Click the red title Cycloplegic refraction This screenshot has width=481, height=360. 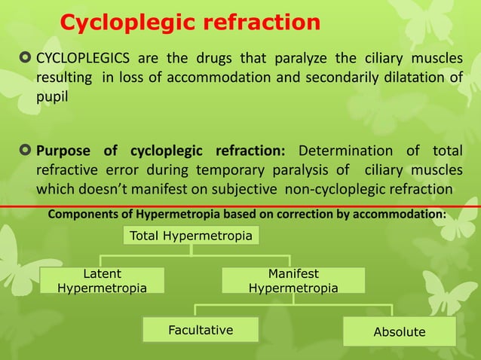tap(190, 23)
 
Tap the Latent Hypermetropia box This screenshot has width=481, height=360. tap(103, 281)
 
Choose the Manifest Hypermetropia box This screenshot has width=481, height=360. tap(293, 281)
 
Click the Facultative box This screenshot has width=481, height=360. tap(200, 330)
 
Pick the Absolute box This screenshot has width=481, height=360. tap(400, 331)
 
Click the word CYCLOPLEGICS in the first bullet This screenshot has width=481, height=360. tap(81, 59)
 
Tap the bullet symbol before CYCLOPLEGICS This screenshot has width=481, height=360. tap(26, 59)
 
